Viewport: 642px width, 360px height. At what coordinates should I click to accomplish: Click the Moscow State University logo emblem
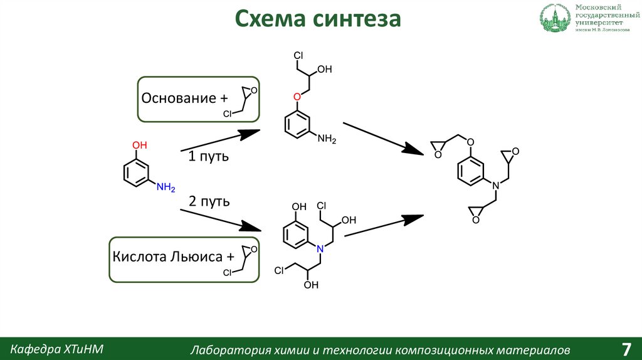point(554,19)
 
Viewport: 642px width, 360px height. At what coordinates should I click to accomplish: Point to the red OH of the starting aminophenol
point(139,145)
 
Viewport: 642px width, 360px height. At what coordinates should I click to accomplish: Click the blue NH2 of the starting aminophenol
point(166,187)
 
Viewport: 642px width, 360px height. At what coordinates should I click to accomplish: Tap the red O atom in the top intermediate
point(297,97)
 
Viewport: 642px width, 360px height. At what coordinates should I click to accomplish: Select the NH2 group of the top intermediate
point(327,139)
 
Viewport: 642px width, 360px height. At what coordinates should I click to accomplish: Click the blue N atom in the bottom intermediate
point(320,249)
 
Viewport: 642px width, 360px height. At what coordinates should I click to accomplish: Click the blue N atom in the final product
point(495,186)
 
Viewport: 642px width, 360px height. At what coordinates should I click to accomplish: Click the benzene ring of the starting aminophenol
point(135,173)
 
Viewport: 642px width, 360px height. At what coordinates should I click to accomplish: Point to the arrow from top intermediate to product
point(383,138)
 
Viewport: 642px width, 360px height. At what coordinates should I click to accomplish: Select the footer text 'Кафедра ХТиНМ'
point(57,348)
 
